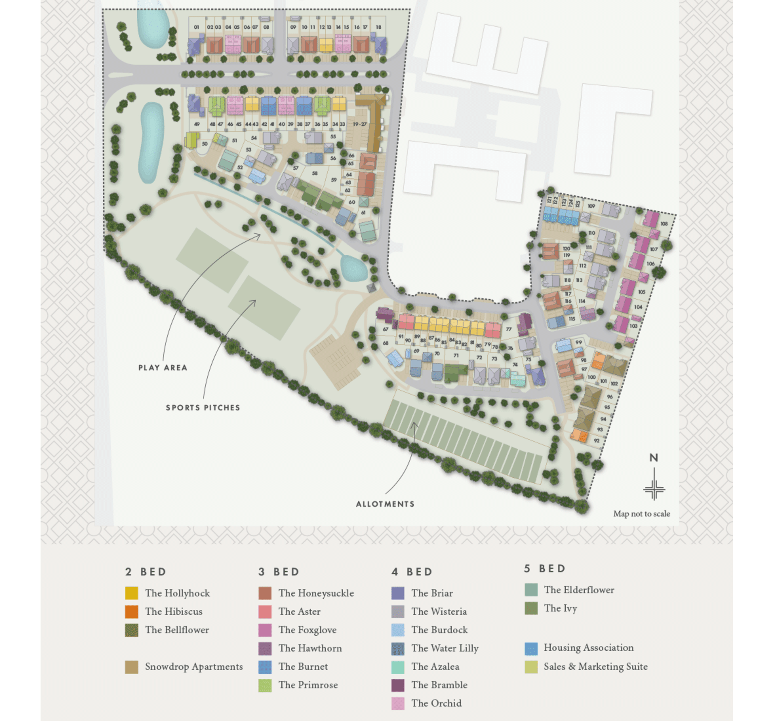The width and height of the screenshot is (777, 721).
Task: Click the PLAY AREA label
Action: tap(163, 368)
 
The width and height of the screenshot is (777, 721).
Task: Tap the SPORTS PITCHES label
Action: tap(203, 408)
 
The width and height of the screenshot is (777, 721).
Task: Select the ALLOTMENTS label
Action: tap(385, 504)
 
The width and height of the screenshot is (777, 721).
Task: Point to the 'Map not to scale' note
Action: tap(641, 514)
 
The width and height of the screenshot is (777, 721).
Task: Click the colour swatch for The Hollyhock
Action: tap(132, 593)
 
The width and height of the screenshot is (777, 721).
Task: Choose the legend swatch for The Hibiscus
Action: tap(132, 611)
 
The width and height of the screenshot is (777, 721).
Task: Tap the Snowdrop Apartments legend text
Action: tap(194, 666)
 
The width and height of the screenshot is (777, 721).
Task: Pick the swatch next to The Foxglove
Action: tap(265, 630)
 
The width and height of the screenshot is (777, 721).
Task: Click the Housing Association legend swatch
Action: tap(531, 648)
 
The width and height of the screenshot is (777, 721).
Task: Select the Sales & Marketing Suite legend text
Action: tap(595, 666)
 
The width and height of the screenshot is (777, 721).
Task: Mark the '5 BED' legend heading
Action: tap(544, 569)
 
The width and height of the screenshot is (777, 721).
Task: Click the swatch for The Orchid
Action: tap(398, 703)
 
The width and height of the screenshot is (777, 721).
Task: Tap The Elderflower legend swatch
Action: tap(531, 590)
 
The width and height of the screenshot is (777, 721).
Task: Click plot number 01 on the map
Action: tap(196, 27)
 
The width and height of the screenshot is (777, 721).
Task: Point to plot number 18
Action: tap(378, 27)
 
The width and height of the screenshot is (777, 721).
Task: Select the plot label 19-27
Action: tap(359, 124)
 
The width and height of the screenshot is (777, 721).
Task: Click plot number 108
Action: tap(664, 224)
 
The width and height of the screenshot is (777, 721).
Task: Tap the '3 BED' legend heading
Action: tap(279, 572)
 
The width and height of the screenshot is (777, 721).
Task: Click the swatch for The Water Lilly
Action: tap(398, 648)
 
